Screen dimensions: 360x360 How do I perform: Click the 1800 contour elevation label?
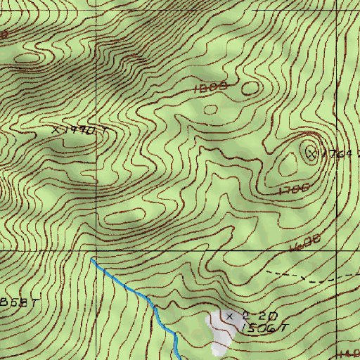tap(209, 87)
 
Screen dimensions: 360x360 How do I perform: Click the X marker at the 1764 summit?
tap(311, 152)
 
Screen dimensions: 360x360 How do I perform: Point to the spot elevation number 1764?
tap(337, 154)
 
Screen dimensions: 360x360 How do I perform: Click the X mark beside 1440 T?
tap(56, 130)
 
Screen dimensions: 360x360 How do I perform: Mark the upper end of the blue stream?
tap(92, 259)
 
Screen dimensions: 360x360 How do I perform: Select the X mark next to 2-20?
tap(230, 317)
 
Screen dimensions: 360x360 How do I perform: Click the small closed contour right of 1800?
tap(250, 89)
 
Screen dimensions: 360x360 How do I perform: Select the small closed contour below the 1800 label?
tap(210, 108)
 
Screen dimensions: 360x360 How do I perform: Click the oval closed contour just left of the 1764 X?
tap(288, 166)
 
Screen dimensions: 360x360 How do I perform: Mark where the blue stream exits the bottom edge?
tap(179, 357)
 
